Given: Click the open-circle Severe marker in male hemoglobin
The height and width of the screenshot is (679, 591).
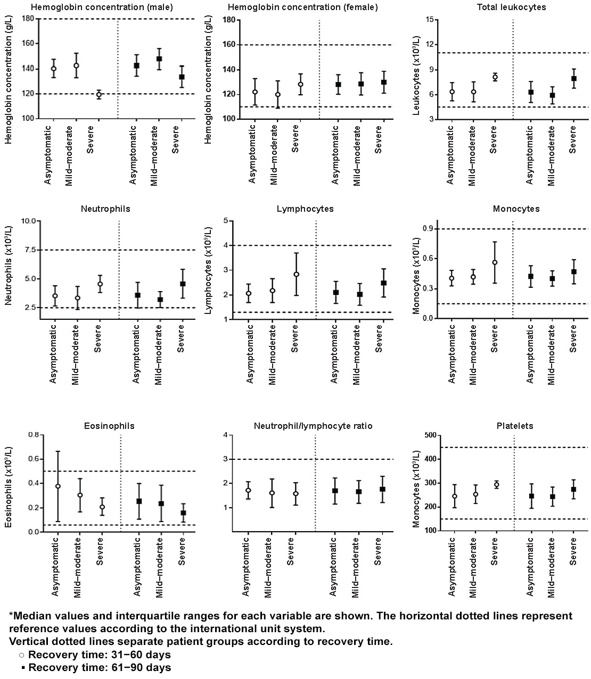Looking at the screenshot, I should point(98,95).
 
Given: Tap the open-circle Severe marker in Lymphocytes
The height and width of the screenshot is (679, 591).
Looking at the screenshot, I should point(297,275).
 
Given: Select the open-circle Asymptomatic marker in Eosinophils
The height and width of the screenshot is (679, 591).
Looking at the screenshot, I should point(58,486).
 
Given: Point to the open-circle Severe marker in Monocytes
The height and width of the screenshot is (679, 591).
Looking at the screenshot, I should point(495,262).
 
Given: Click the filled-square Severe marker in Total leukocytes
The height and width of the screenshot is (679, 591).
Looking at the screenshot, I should point(574,79).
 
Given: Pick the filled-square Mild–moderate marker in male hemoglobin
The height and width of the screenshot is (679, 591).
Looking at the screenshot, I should point(159,59).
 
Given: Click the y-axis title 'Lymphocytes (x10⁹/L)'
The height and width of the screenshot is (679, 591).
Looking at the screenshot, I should point(209,271).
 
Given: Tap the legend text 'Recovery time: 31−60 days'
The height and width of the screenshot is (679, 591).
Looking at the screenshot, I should point(100,655).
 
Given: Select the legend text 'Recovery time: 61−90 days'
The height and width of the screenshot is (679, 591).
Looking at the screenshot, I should point(100,667).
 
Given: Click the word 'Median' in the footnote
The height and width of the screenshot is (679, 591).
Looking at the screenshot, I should point(31,616).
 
